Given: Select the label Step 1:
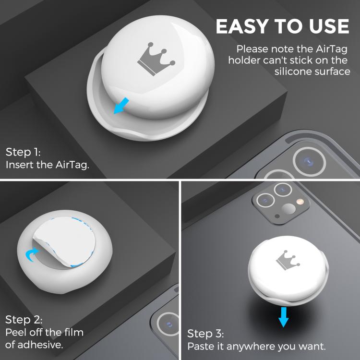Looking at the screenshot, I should click(23, 153).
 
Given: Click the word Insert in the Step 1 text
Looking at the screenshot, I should click(18, 165).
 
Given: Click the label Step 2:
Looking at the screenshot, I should click(24, 320).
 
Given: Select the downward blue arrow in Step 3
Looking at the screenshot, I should click(284, 317).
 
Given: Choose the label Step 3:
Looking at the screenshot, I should click(205, 334).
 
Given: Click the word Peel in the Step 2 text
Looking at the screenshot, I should click(15, 332).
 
